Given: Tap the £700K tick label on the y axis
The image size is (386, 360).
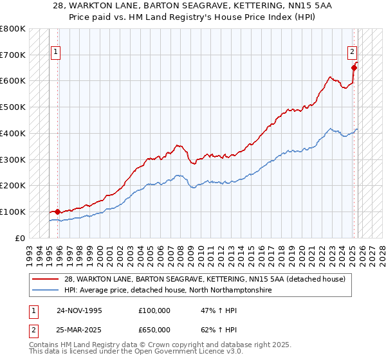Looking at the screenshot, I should [x=13, y=55].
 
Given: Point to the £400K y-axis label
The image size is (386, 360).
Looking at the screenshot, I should [x=13, y=133].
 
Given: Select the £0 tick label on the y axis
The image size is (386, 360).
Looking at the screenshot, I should [x=19, y=238].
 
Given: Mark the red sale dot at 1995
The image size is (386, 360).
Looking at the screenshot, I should [x=58, y=211].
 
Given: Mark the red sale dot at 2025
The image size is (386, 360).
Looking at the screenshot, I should [x=354, y=67].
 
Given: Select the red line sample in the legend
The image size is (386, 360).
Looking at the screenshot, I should [x=46, y=280].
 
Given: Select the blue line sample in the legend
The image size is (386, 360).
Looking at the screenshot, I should [x=46, y=291].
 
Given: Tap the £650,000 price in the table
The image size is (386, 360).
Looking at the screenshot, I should [x=154, y=329].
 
